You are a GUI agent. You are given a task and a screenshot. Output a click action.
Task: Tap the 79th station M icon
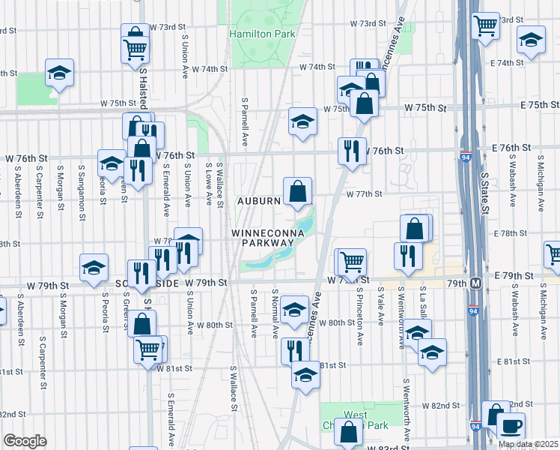pos(475,284)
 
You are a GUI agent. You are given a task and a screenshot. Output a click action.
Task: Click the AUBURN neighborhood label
pos(259,201)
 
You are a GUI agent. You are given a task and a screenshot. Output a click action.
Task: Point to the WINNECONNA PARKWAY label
pos(261,238)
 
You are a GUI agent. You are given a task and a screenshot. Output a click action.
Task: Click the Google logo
pos(25,441)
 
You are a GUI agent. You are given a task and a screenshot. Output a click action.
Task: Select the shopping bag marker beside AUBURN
pos(297,191)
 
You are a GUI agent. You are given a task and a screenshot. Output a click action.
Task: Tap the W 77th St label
pos(364,193)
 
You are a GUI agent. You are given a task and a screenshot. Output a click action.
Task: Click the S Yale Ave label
pos(380,305)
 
